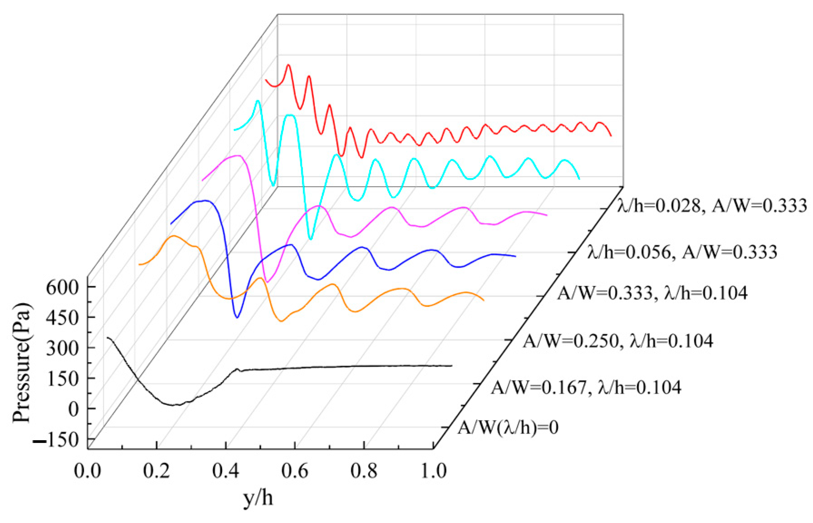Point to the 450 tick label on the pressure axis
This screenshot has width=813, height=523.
62,318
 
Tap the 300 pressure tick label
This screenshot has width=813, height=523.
62,349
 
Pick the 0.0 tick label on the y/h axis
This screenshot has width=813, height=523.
87,472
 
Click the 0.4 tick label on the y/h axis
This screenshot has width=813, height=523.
226,472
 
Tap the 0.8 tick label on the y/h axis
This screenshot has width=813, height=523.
364,472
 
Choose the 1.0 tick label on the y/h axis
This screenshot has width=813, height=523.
434,472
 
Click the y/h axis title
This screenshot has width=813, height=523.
258,498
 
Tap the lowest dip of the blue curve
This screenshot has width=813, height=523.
237,317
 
